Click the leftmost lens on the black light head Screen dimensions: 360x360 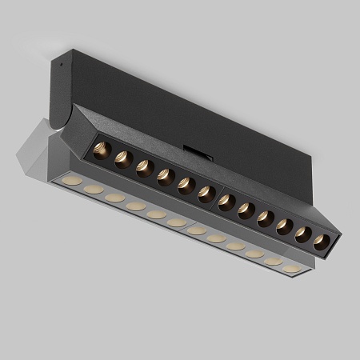pos(102,150)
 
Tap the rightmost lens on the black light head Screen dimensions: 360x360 pos(322,242)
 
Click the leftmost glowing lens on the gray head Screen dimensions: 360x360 pos(72,181)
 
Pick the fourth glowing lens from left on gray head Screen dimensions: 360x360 pos(135,206)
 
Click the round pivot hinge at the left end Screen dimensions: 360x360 pos(54,125)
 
